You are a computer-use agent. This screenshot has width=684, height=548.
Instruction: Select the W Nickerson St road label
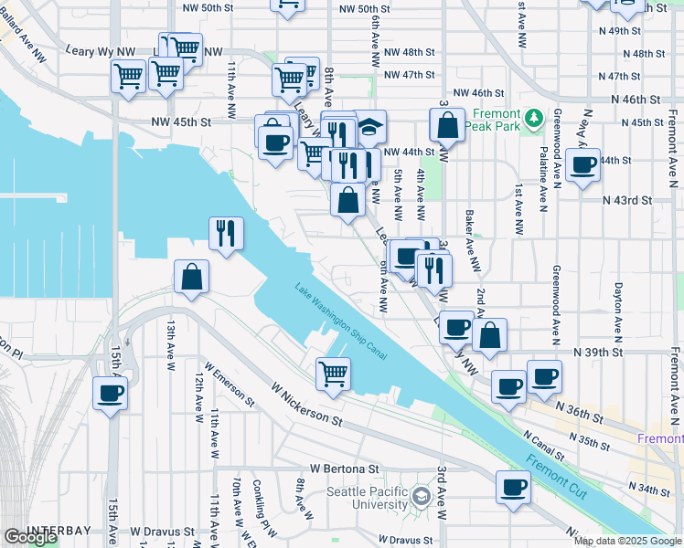(305, 406)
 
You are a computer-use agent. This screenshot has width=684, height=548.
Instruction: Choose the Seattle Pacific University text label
(369, 499)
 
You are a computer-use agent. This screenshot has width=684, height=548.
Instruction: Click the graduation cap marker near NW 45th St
(369, 128)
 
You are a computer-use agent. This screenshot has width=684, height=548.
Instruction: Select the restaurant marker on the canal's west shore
(225, 233)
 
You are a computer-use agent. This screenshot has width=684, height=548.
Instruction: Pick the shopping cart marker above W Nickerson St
(333, 373)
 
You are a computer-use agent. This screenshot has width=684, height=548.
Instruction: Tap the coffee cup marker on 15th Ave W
(110, 394)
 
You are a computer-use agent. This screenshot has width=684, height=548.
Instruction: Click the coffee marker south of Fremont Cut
(514, 487)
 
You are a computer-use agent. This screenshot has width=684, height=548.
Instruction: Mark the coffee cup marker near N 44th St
(582, 165)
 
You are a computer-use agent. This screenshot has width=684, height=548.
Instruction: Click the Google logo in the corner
(31, 537)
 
